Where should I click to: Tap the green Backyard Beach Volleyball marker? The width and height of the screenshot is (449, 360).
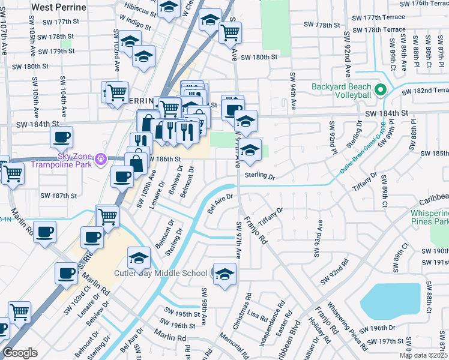(380, 91)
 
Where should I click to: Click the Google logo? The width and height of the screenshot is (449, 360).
(20, 353)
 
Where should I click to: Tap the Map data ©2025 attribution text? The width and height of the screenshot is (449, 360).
(423, 355)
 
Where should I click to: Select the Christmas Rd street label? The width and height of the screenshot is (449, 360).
(244, 311)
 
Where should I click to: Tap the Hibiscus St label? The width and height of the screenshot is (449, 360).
(139, 7)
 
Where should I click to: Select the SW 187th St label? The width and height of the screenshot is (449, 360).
(58, 196)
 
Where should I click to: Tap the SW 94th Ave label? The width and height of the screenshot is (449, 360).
(293, 92)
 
